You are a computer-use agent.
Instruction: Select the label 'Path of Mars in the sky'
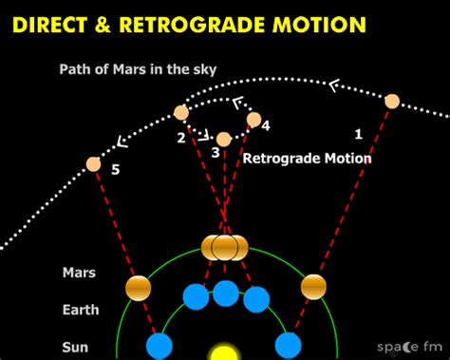pos(124,68)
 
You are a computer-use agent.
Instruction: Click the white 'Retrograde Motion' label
pos(307,159)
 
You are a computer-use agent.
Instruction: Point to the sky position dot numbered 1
pos(392,101)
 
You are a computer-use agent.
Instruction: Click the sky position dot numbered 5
pos(93,163)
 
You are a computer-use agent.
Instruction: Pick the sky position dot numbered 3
pos(224,140)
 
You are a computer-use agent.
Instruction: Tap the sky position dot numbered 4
pos(253,119)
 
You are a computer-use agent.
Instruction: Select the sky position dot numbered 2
pos(181,113)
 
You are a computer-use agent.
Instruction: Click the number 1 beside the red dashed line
pos(358,133)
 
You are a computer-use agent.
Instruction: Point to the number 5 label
pos(115,171)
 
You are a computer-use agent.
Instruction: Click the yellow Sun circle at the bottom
pos(224,352)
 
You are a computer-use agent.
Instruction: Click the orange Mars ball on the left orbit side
pos(138,286)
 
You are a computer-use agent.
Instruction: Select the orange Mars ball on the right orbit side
pos(313,286)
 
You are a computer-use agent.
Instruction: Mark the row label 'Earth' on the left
pos(81,309)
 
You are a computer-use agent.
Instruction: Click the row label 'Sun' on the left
pos(76,347)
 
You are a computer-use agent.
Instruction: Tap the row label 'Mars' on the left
pos(79,273)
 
